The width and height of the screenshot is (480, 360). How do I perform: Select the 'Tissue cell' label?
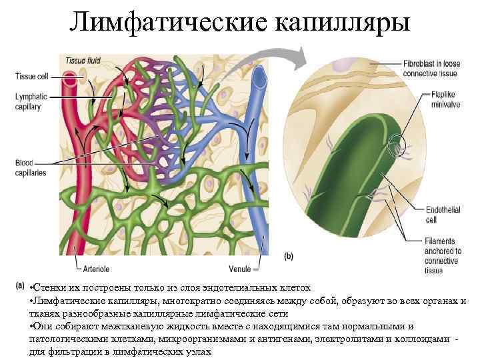tap(29, 75)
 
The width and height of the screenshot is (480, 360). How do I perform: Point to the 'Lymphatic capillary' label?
tap(31, 101)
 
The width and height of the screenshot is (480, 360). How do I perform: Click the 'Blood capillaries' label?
tap(31, 167)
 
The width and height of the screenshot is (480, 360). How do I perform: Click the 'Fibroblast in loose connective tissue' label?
tap(429, 68)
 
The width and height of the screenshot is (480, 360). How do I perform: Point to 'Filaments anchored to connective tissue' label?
tap(442, 255)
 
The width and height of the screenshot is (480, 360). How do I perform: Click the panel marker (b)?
tap(289, 255)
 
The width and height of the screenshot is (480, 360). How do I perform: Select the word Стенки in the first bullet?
tap(49, 289)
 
